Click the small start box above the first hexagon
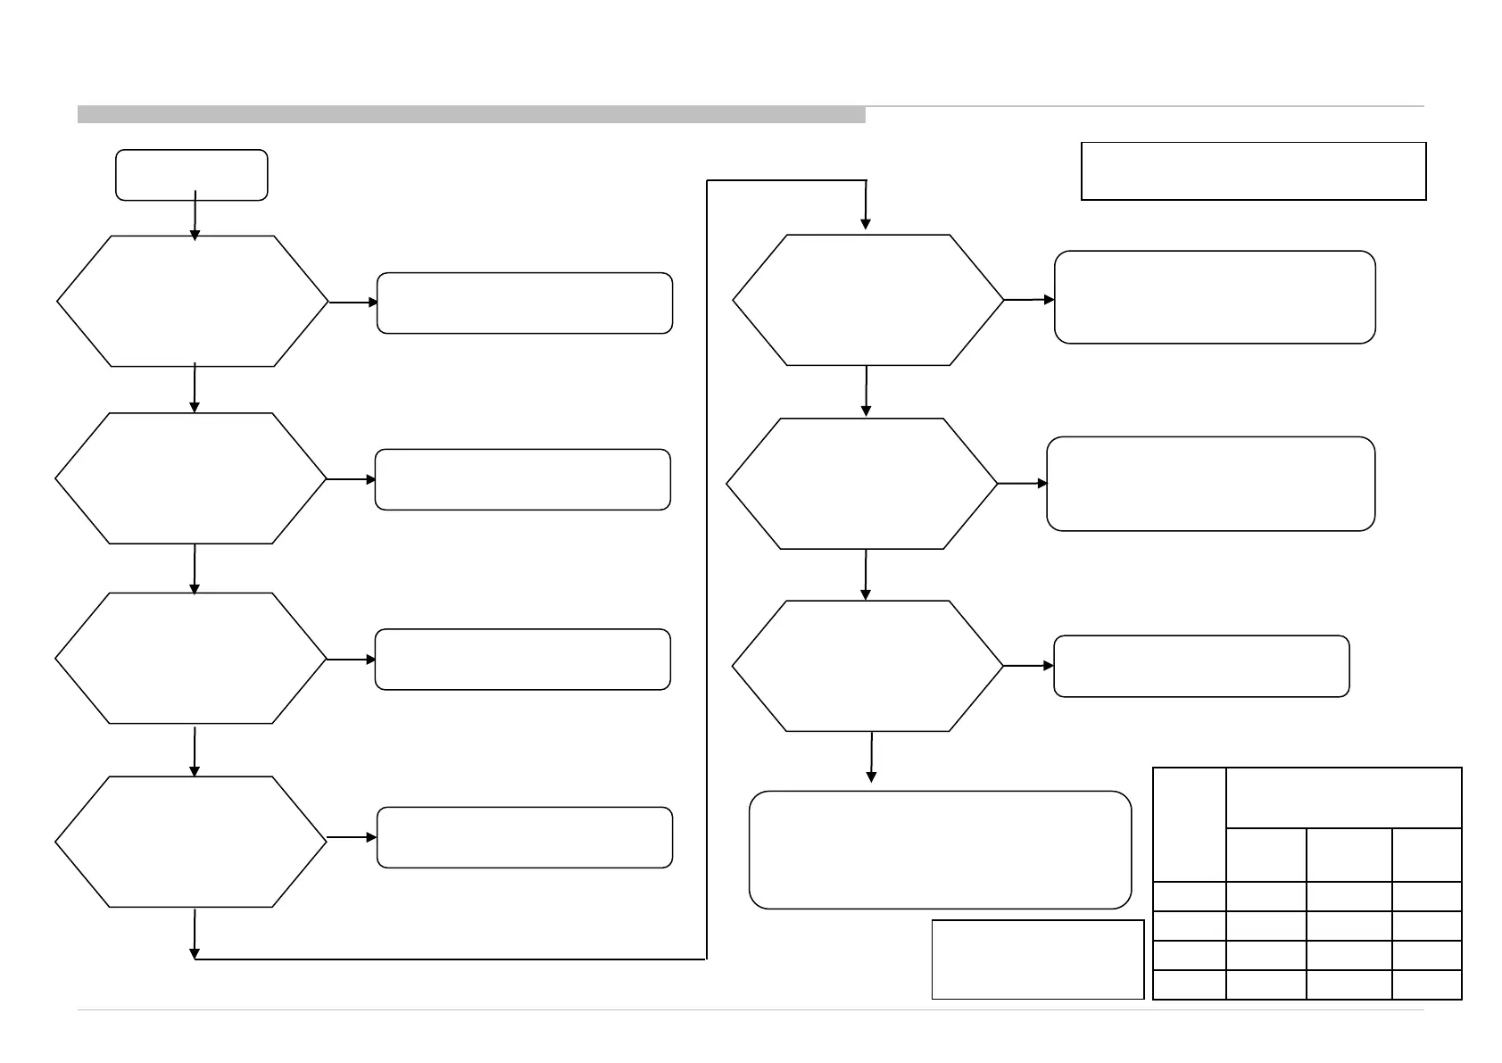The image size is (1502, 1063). click(x=191, y=174)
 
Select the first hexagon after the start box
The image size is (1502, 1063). click(x=193, y=301)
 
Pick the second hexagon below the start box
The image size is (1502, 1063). click(x=191, y=478)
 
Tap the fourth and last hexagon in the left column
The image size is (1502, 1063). click(x=191, y=842)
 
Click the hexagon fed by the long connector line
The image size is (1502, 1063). click(x=868, y=300)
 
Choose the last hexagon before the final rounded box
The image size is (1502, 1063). click(x=868, y=666)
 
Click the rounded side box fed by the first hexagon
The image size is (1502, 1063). click(x=524, y=303)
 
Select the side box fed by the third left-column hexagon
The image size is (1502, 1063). click(x=522, y=660)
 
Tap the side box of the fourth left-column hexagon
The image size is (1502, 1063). click(x=524, y=837)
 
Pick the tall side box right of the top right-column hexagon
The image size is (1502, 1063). click(x=1214, y=297)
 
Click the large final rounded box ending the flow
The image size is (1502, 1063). click(x=940, y=849)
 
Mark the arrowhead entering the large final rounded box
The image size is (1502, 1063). click(x=871, y=776)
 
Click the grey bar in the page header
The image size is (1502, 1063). click(x=471, y=114)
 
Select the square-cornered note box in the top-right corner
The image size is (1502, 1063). click(x=1253, y=170)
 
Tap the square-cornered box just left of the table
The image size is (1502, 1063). click(x=1037, y=959)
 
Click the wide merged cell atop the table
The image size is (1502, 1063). click(x=1343, y=798)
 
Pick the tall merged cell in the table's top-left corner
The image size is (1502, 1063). click(x=1190, y=825)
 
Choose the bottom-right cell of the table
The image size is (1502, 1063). click(x=1426, y=984)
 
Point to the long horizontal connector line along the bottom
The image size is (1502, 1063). click(x=451, y=959)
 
